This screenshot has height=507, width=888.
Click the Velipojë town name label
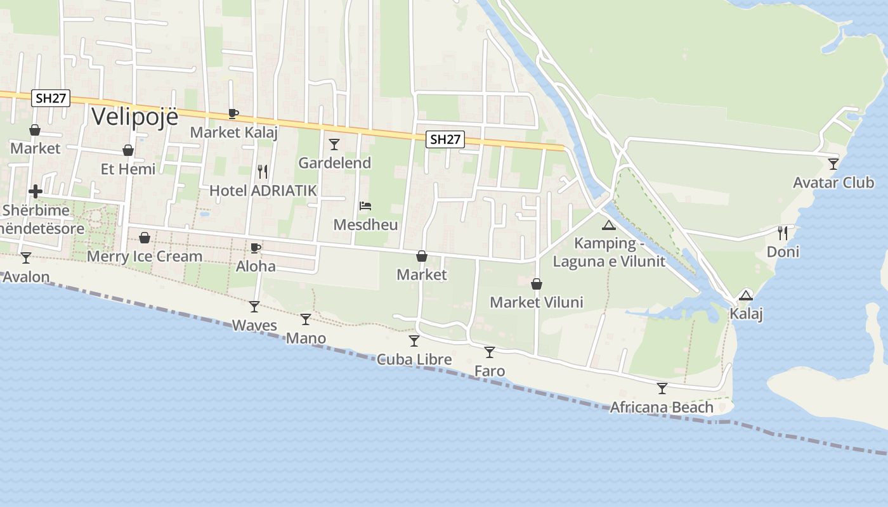point(134,117)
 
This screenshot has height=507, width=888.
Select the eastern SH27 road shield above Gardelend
point(445,139)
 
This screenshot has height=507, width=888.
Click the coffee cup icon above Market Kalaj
point(233,114)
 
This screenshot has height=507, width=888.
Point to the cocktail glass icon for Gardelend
point(334,144)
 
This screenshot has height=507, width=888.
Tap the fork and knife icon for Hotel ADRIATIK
point(263,172)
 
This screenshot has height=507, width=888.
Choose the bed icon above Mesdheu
point(365,206)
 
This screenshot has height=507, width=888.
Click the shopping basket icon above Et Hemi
point(128,151)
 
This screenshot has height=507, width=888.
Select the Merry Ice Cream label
point(145,257)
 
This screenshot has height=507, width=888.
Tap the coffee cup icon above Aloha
point(256,248)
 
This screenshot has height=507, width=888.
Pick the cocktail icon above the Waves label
point(254,307)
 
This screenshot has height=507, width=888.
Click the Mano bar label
point(306,338)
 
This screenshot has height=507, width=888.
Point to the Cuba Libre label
point(414,360)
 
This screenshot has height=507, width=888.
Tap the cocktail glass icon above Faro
point(489,352)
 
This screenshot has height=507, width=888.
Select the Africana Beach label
point(662,408)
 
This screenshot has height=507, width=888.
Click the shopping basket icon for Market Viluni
point(537,284)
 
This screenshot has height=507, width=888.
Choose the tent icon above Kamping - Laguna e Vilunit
point(609,225)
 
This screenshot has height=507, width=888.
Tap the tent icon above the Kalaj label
point(746,295)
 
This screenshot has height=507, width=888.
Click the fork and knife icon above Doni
point(783,233)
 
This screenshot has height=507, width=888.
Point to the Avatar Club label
point(833,183)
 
